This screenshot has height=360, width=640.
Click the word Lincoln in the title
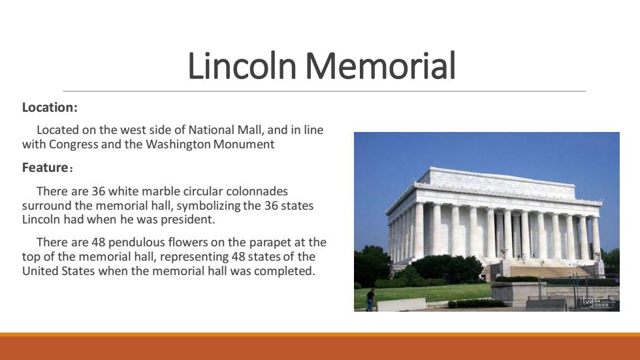click(242, 65)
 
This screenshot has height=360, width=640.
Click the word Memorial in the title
click(380, 65)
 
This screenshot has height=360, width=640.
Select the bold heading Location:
click(50, 107)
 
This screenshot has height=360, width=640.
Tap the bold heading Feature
click(45, 167)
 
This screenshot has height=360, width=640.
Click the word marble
click(161, 191)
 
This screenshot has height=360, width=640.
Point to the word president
click(187, 220)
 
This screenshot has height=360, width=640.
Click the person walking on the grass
click(371, 300)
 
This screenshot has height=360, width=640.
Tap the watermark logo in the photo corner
click(598, 303)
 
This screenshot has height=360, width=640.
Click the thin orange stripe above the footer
click(320, 335)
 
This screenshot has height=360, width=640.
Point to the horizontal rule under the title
click(324, 91)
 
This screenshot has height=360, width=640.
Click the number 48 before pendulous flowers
click(99, 242)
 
